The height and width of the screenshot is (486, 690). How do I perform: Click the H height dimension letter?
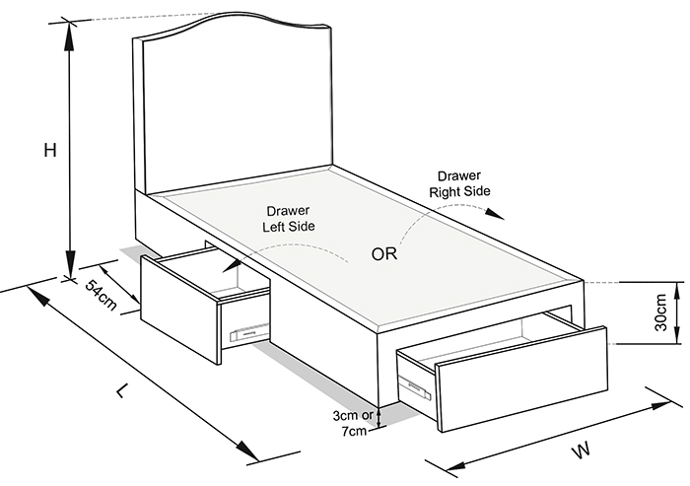[x=50, y=150]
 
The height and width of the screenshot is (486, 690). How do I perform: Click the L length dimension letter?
[x=123, y=390]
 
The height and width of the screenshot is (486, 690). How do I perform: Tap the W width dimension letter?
[x=581, y=451]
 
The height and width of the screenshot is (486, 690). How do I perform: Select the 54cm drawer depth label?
[x=101, y=295]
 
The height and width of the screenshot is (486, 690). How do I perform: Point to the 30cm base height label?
[x=660, y=312]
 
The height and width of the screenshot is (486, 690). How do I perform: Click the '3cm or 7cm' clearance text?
[x=353, y=423]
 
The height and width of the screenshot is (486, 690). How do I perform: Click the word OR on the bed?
[x=384, y=254]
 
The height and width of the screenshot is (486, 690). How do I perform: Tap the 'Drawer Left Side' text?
[x=289, y=218]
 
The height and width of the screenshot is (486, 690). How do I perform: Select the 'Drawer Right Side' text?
[x=459, y=183]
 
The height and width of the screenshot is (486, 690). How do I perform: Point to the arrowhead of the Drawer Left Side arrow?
[x=231, y=265]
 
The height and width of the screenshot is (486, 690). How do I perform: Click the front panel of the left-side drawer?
[x=179, y=309]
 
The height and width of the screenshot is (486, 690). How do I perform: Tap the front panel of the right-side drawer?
[x=521, y=379]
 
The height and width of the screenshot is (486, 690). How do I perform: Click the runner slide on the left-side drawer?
[x=249, y=332]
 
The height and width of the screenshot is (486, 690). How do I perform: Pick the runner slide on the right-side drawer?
[x=415, y=387]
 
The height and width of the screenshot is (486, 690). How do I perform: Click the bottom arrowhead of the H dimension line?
[x=70, y=263]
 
